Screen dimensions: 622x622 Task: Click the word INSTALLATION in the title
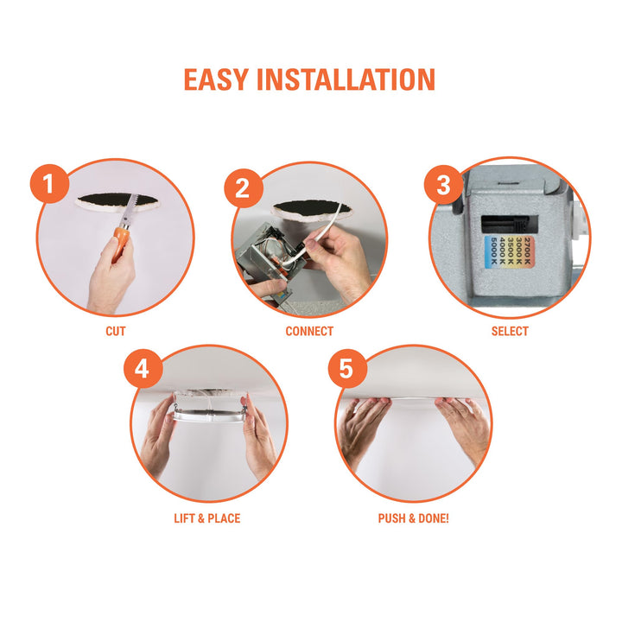point(349,79)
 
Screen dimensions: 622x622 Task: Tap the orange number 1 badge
point(49,185)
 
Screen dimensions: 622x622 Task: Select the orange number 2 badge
point(243,187)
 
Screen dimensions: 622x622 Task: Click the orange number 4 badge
point(143,370)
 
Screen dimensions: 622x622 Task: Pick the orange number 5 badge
point(346,370)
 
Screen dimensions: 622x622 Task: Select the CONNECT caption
point(309,331)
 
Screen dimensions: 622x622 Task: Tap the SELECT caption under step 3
point(510,331)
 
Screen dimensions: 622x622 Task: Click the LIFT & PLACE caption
point(206,518)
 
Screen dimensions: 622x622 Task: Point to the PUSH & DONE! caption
point(413,518)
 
